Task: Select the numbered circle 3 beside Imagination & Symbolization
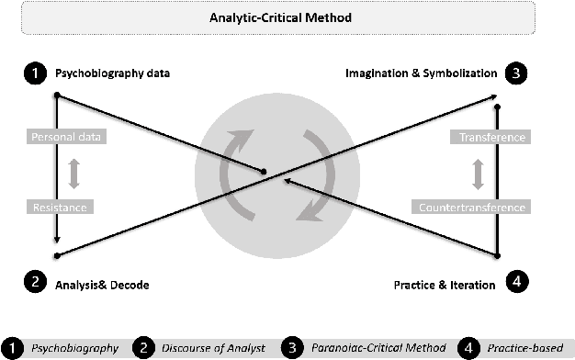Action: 517,73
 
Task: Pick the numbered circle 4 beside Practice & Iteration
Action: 517,284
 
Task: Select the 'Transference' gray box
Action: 491,138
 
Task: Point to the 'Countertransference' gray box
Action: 472,208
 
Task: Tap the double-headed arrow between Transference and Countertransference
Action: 479,173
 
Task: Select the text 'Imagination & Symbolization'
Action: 422,73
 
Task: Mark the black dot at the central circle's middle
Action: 264,172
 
